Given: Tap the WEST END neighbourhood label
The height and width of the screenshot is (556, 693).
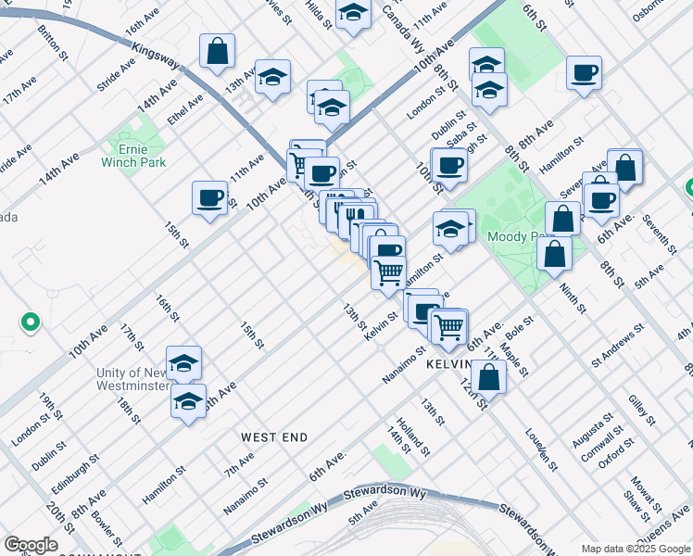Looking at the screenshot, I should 274,436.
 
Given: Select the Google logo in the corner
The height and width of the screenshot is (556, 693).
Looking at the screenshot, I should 31,545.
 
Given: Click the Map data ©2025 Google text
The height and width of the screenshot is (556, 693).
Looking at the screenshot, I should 636,549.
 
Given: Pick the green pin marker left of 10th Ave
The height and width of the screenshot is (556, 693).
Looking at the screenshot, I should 30,322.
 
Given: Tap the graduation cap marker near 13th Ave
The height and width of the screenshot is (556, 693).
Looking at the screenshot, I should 273,79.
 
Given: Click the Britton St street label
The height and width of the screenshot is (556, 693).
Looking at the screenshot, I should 54,43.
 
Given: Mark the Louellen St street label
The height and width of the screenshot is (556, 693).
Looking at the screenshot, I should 541,449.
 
